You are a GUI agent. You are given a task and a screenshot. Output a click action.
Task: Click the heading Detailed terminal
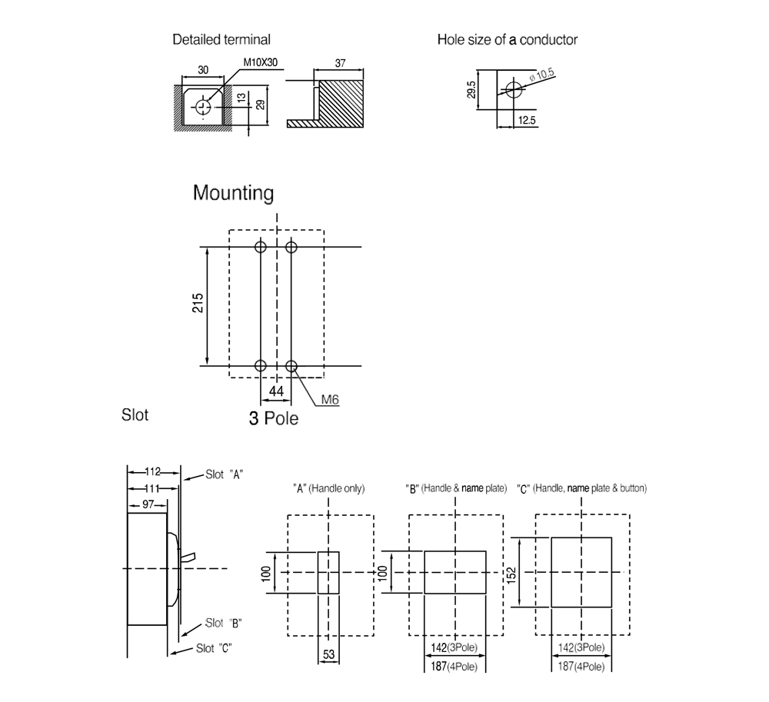(221, 40)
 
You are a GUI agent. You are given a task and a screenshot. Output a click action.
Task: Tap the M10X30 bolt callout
(260, 62)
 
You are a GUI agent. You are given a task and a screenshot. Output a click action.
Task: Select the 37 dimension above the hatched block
(340, 63)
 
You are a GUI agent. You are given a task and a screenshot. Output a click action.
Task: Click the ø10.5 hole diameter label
(542, 75)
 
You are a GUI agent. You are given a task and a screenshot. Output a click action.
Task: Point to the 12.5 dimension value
(527, 120)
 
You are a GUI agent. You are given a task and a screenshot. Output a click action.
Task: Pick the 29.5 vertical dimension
(471, 90)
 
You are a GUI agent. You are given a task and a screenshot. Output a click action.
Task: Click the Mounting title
(233, 193)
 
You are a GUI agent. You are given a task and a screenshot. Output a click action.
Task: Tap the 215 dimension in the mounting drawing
(198, 303)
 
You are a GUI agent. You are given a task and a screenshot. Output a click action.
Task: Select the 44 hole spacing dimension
(276, 391)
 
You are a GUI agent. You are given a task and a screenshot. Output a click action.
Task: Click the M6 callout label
(330, 400)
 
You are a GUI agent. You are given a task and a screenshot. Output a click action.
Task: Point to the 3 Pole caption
(273, 418)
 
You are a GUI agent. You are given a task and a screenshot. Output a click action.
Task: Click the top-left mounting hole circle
(261, 246)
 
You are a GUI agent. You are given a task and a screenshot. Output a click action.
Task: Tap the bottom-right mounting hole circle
(291, 366)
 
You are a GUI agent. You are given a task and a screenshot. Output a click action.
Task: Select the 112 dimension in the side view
(152, 471)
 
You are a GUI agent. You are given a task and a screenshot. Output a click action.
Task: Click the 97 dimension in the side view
(148, 504)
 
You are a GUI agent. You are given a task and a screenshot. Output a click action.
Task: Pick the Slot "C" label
(214, 648)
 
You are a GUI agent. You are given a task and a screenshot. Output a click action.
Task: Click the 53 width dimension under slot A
(328, 654)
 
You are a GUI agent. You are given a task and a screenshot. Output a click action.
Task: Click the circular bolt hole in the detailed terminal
(202, 107)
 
